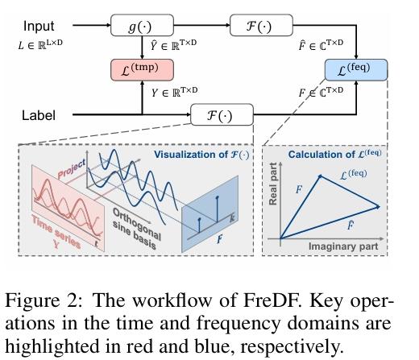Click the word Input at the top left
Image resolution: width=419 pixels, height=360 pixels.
pyautogui.click(x=39, y=26)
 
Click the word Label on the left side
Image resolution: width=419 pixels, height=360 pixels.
pyautogui.click(x=39, y=115)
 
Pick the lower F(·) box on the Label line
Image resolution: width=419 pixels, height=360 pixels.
pyautogui.click(x=222, y=115)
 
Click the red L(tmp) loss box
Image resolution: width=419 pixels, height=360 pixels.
pyautogui.click(x=142, y=69)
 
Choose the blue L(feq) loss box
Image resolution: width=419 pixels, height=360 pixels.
pyautogui.click(x=356, y=69)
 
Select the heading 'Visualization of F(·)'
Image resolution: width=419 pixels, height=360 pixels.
pyautogui.click(x=201, y=152)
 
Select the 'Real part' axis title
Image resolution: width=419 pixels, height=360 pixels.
pyautogui.click(x=273, y=192)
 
